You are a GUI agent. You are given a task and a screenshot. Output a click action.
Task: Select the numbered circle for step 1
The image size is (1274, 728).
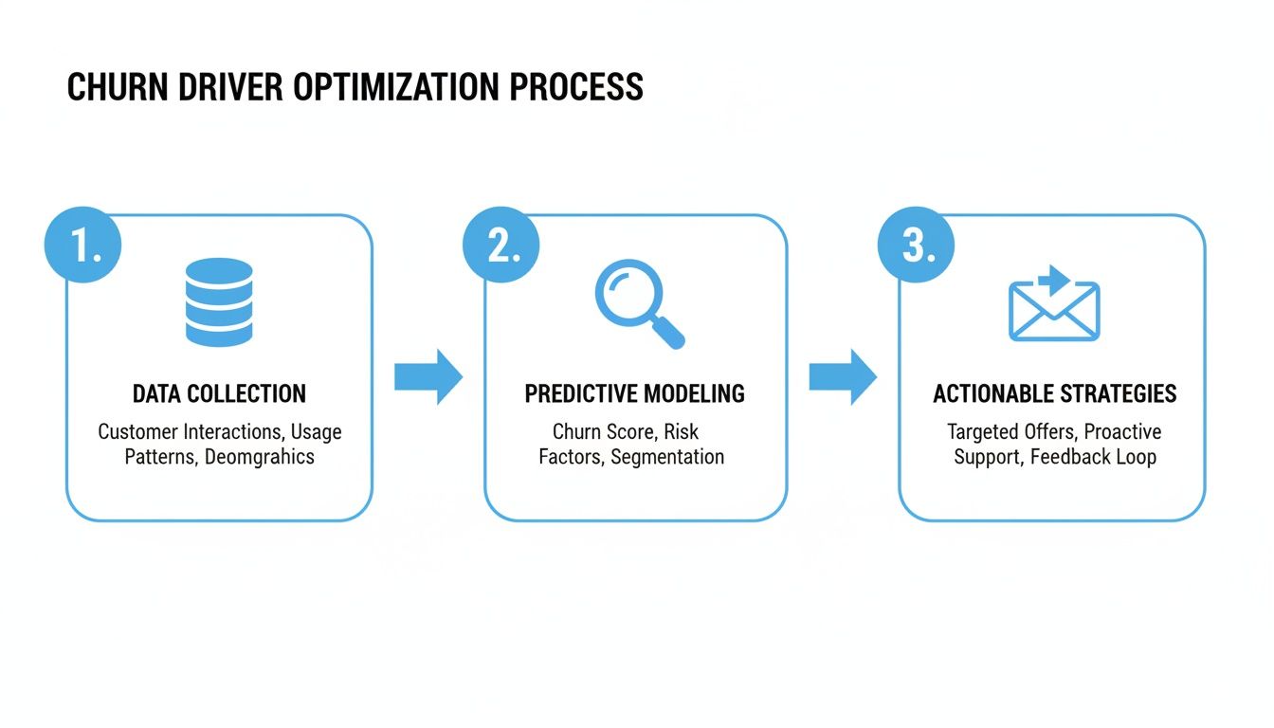click(84, 246)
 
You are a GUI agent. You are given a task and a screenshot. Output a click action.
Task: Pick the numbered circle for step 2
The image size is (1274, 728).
click(500, 246)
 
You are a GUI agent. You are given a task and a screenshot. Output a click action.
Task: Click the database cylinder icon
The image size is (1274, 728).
click(219, 301)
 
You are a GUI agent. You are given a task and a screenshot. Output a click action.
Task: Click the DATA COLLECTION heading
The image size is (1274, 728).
click(219, 394)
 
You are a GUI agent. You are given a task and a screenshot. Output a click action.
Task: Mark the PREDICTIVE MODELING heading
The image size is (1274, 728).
click(635, 394)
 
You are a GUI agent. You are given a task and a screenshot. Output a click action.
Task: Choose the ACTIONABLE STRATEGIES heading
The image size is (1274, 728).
click(1054, 394)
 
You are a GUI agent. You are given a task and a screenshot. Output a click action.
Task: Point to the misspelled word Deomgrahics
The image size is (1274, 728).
click(260, 457)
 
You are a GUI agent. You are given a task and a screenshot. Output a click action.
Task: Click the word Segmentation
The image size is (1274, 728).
click(667, 457)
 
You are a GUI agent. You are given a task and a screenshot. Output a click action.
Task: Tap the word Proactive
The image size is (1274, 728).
click(1122, 432)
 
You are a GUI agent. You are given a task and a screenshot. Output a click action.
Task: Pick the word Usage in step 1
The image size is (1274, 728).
click(316, 432)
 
